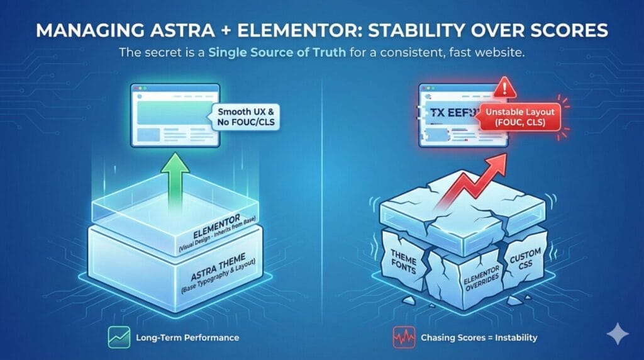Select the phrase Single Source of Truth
tap(296, 53)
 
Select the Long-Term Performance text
tap(187, 338)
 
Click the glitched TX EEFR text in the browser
tap(446, 113)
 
